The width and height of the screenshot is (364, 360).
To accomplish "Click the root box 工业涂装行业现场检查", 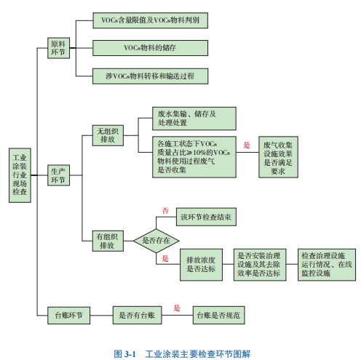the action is coord(20,175).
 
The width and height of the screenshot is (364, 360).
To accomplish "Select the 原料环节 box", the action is coord(58,48).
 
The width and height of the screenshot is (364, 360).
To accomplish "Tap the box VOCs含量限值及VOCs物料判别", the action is coord(150,20).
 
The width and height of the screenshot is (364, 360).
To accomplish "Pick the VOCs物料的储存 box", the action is coord(150,48).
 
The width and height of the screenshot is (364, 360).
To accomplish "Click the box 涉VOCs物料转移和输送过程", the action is coord(150,76).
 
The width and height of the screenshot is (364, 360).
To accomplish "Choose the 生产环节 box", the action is coord(58,175).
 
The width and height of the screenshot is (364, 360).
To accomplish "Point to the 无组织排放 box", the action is coord(108,135).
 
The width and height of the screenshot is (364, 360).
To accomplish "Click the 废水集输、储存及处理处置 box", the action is coord(194,119).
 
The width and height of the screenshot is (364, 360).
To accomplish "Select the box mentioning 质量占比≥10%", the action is coord(194,157).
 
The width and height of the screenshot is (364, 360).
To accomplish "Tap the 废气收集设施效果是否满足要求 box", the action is coord(278,157).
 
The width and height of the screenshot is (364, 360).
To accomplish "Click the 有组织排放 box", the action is coord(108,241).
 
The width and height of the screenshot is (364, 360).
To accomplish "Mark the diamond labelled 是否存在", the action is coord(157,241).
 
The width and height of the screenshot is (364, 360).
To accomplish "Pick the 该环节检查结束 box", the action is coord(206,217).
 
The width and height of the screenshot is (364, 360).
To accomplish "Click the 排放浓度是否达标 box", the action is coord(201,265).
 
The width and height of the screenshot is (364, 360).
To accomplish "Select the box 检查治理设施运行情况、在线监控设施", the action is coord(327,265).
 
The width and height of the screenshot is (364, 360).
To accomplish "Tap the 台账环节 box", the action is coord(68,315).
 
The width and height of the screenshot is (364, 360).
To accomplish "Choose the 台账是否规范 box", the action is coord(218,315).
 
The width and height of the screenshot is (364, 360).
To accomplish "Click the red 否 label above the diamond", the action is coord(165,210).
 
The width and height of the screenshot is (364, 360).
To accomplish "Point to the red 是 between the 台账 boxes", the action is coord(177,308).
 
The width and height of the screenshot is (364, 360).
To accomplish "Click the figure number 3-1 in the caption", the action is coord(130,354).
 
